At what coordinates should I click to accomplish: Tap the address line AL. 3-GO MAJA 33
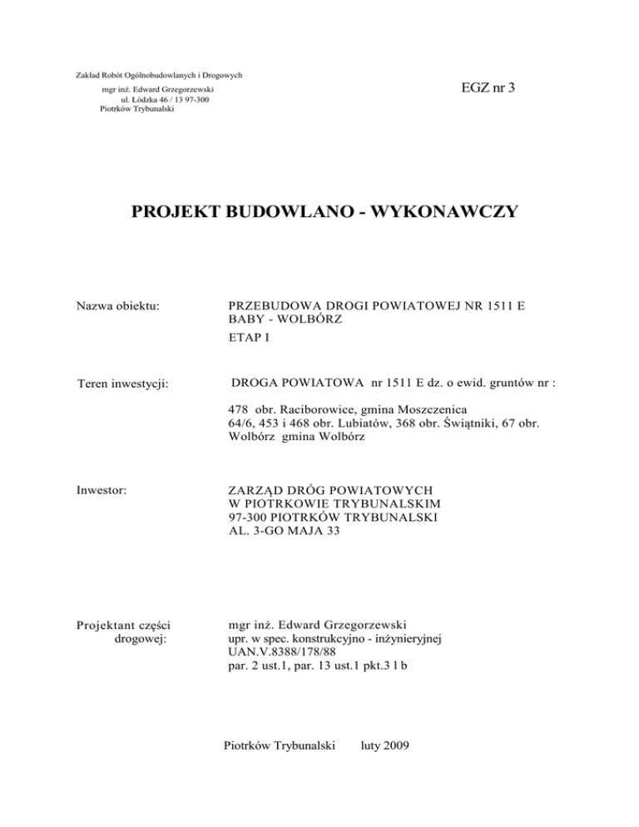point(285,530)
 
